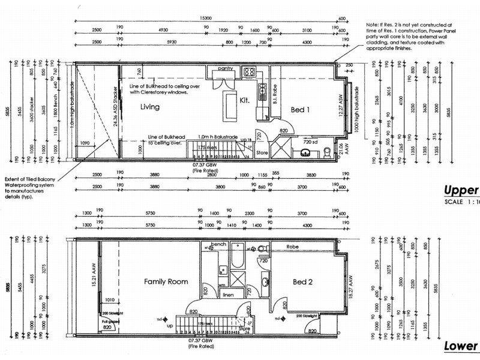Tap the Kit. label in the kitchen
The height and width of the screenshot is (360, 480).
point(245,100)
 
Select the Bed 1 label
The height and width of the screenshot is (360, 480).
point(301,110)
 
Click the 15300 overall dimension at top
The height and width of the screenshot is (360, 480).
point(206,18)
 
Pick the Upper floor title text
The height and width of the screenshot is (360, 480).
point(461,191)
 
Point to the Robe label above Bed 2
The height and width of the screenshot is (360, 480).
point(293,247)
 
